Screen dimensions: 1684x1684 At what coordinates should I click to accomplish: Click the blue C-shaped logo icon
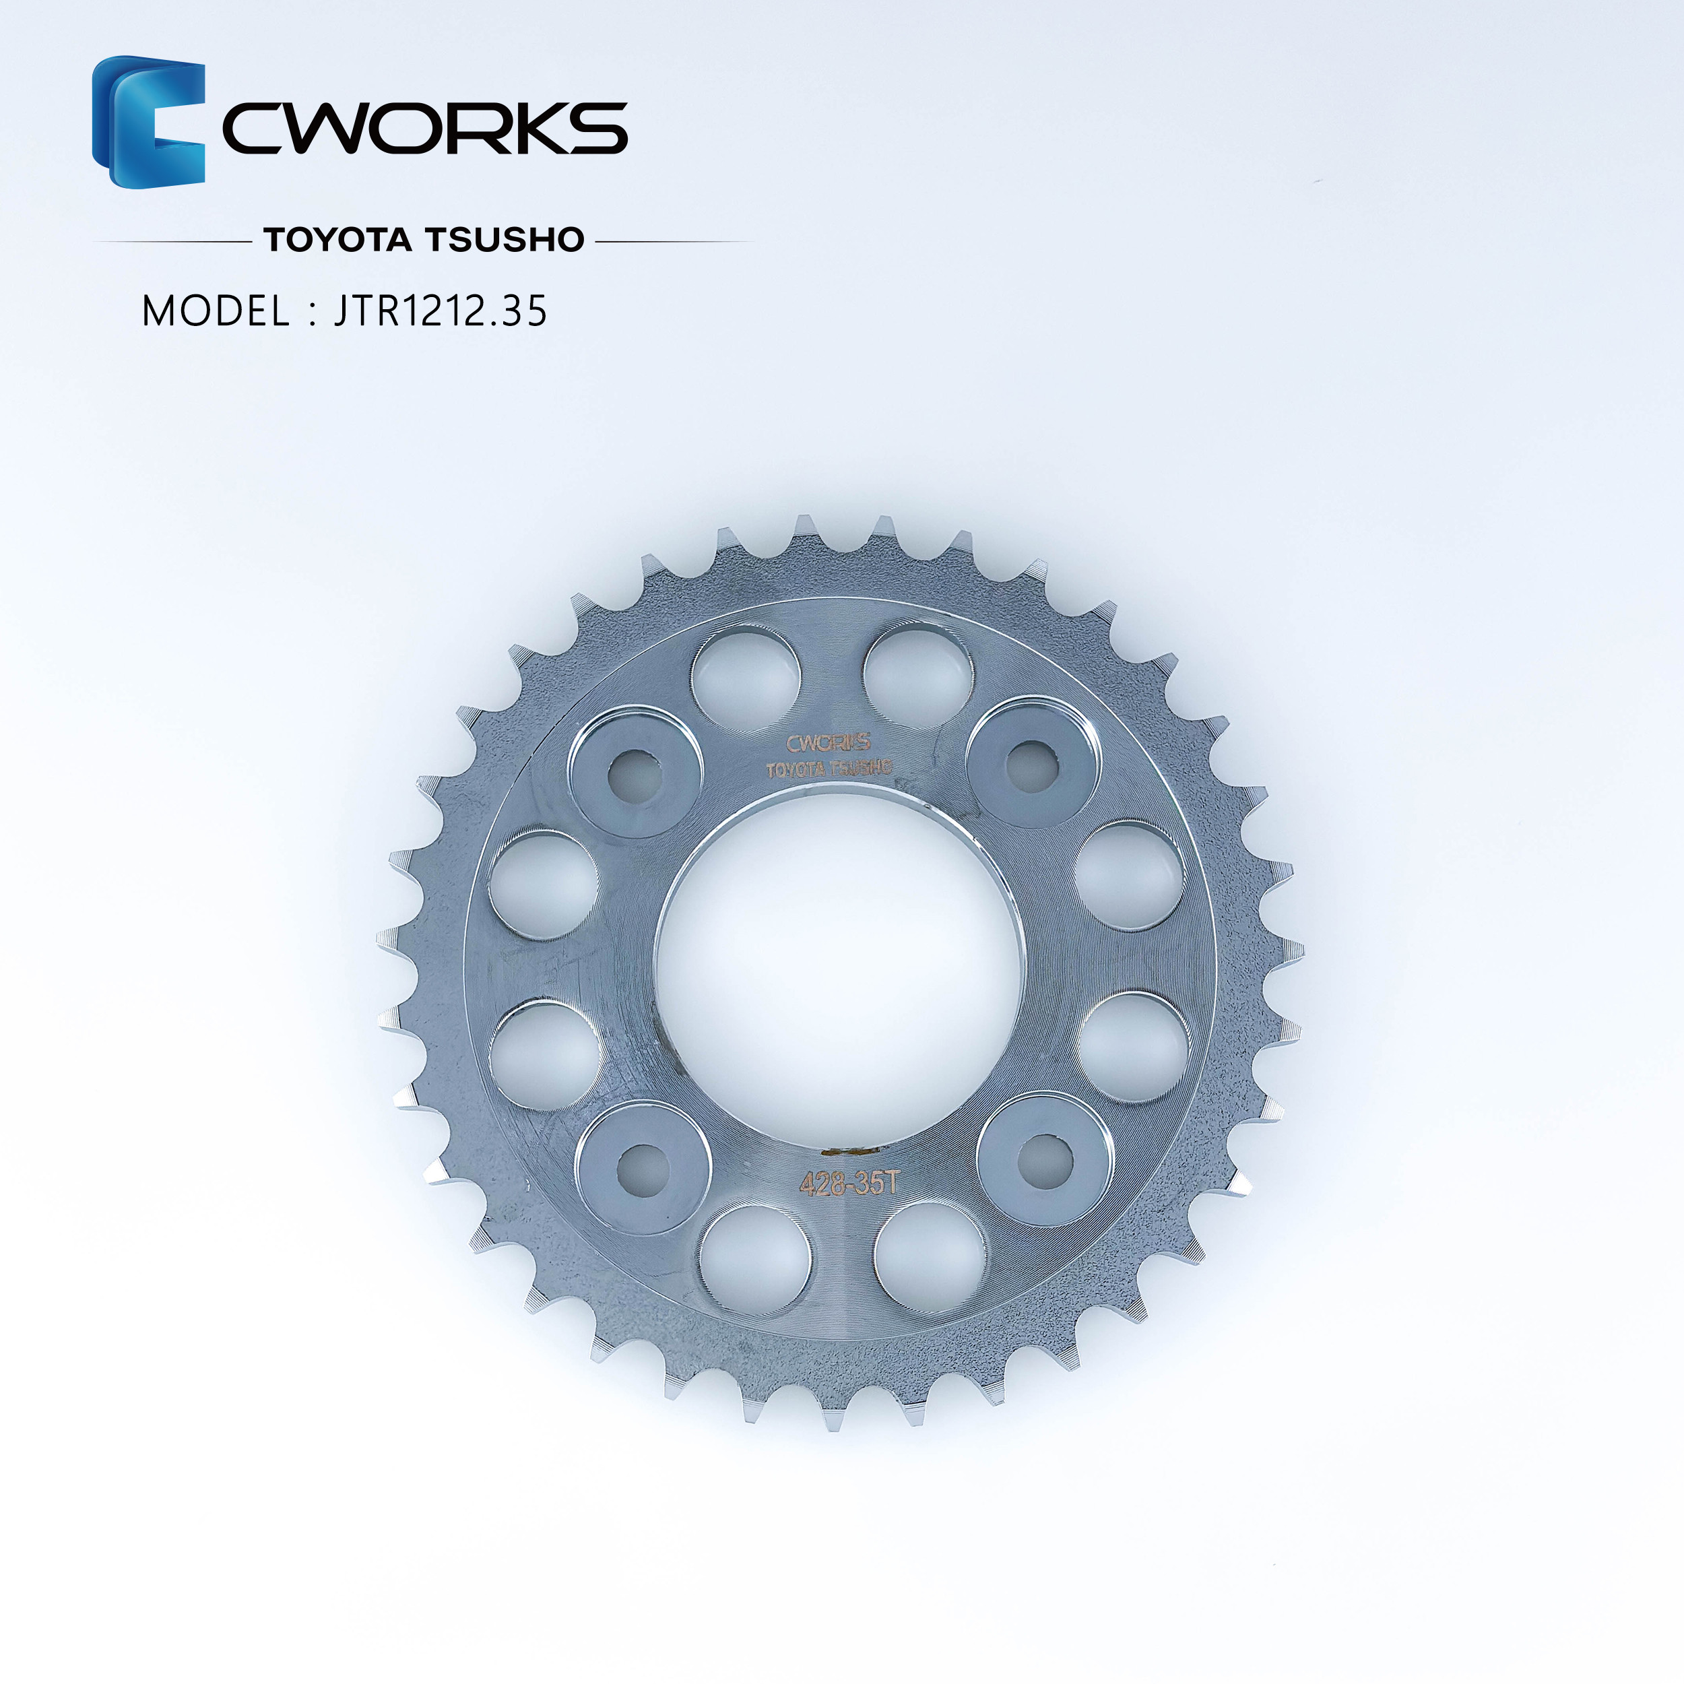(x=148, y=121)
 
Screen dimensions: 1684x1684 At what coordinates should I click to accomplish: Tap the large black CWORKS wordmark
(x=425, y=128)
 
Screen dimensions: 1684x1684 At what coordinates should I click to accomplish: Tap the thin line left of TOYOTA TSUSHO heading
(x=172, y=240)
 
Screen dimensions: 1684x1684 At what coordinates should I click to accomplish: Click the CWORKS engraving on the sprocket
(x=828, y=742)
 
